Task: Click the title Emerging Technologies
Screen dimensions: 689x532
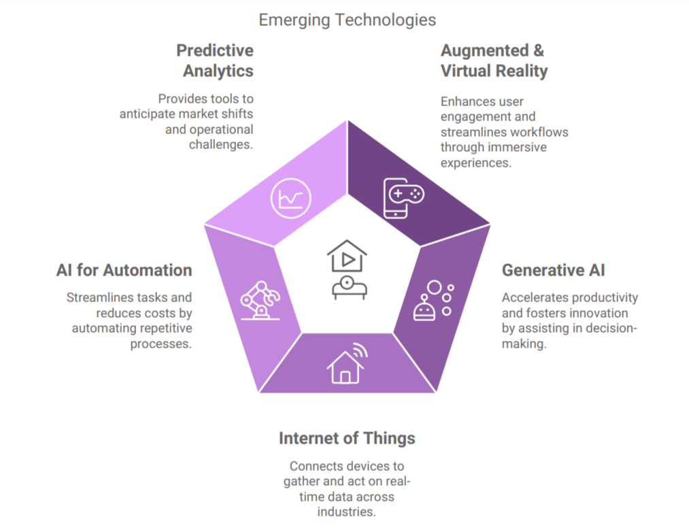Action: [347, 20]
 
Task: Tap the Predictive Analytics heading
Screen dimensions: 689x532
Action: [215, 61]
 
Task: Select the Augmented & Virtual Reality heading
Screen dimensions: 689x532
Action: [494, 61]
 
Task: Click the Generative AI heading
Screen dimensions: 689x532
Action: [553, 270]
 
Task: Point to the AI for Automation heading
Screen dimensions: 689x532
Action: [124, 270]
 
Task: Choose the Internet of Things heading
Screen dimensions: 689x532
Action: [347, 438]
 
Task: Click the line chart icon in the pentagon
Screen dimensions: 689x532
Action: [290, 198]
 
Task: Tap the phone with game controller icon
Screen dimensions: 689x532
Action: [403, 198]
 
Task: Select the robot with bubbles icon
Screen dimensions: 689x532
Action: [434, 300]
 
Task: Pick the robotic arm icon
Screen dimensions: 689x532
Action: [260, 300]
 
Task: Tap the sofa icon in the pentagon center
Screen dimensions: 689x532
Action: [350, 288]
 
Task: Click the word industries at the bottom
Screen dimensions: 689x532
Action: [347, 512]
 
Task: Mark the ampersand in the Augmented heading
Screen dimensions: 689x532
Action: [539, 50]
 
